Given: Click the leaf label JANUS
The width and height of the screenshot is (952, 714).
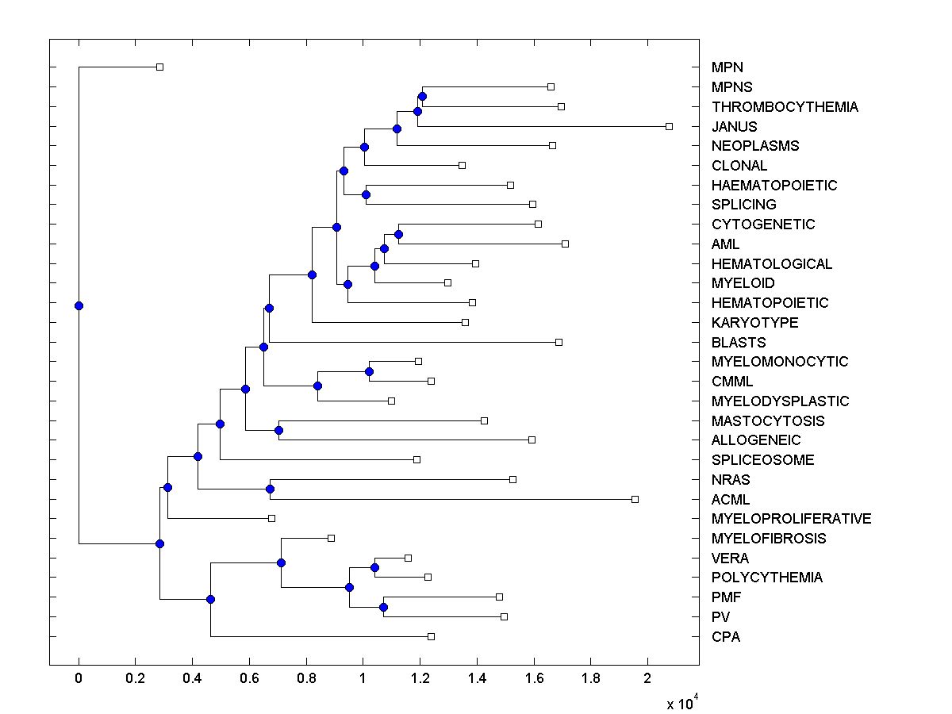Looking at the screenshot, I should [734, 126].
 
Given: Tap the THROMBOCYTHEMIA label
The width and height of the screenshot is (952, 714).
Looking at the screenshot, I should [785, 107].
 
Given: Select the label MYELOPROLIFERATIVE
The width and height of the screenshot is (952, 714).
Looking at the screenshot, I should [791, 519].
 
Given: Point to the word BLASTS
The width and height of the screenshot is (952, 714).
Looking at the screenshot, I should [739, 343].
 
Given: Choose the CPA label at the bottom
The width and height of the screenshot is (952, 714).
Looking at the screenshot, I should [726, 636].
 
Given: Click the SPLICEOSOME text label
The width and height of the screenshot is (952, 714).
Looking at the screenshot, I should [762, 460].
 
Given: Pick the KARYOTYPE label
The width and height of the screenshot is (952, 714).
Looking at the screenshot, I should [754, 323].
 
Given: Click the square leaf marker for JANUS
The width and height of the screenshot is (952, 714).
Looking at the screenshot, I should [669, 126].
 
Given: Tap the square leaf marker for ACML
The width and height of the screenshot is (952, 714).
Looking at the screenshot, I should [635, 499].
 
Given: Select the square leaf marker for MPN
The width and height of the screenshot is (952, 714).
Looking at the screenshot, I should [159, 67].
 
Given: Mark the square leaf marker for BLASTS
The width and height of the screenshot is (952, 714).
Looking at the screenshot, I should [559, 342].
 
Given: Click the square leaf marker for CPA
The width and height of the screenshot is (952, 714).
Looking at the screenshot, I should [431, 636].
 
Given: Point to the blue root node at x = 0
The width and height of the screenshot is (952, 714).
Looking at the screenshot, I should [79, 305].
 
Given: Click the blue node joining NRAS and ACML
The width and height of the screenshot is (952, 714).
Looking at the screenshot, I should [270, 489].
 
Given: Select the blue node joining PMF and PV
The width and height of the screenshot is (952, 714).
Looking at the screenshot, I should [383, 607].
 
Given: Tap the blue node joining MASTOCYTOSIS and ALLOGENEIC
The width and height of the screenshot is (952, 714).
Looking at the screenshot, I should [278, 430].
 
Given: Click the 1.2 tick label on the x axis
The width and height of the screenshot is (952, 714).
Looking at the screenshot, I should [420, 679].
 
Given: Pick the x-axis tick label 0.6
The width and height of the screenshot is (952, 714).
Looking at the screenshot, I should [249, 679].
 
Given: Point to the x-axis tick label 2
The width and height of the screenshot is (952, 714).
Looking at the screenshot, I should [647, 679].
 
